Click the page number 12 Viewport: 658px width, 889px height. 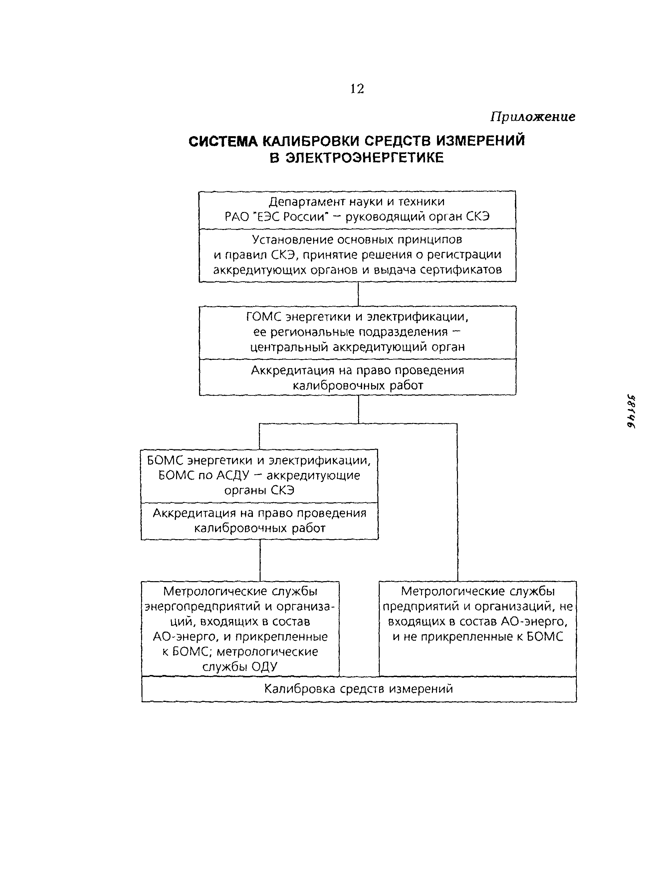[x=356, y=89]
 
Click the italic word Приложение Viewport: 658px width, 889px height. [x=533, y=117]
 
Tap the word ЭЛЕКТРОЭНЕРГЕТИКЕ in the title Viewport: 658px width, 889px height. [x=365, y=158]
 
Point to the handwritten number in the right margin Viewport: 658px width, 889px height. [x=630, y=411]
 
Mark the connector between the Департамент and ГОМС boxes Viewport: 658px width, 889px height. [x=358, y=294]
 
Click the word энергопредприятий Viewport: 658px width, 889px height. [x=203, y=607]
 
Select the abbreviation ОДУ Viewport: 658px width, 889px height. [x=265, y=667]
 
